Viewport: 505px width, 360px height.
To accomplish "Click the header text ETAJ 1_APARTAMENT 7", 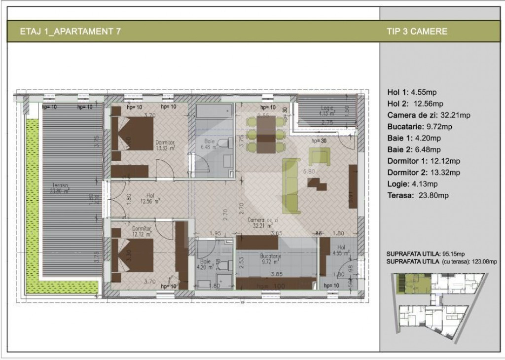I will click(71, 32).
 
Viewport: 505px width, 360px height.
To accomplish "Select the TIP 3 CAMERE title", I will click(417, 32).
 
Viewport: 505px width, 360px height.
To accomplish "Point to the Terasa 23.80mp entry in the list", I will click(418, 195).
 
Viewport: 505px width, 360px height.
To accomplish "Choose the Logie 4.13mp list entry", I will click(415, 184).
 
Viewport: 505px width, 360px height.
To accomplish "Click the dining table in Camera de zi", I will click(266, 134).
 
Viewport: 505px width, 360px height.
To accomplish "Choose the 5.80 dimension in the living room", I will click(309, 172).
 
